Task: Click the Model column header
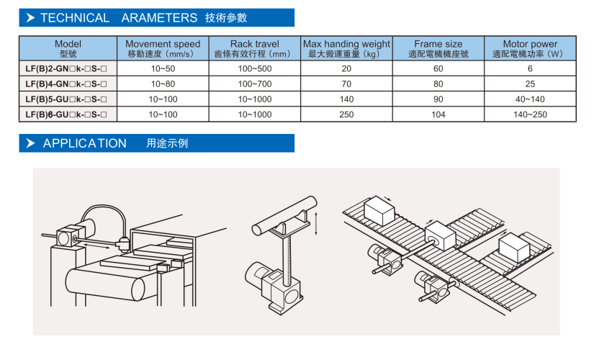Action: (x=68, y=48)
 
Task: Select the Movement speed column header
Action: (x=163, y=48)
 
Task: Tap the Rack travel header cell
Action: (x=255, y=48)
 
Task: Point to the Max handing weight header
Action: (x=346, y=48)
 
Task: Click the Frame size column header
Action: (x=438, y=48)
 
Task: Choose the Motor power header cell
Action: (x=530, y=48)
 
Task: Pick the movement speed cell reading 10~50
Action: (x=163, y=68)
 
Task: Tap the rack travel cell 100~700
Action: (x=255, y=84)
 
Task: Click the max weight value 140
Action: (x=346, y=99)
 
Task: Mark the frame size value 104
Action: (x=438, y=114)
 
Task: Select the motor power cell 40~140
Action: (x=530, y=99)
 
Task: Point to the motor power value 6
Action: (x=530, y=68)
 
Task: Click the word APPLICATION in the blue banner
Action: (x=84, y=143)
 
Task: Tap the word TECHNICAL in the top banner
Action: (x=75, y=18)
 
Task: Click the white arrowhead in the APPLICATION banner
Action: (x=30, y=143)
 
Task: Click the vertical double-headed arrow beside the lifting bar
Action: (x=316, y=224)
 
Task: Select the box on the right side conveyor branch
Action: (x=514, y=247)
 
